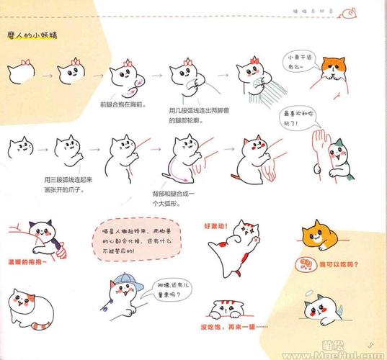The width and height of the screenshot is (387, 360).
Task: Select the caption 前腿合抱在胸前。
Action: [x=123, y=104]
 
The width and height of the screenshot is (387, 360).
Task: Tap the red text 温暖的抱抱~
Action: [x=27, y=264]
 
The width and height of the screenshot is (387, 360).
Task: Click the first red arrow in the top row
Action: [x=45, y=72]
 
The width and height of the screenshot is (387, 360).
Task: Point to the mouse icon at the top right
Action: [x=352, y=11]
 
